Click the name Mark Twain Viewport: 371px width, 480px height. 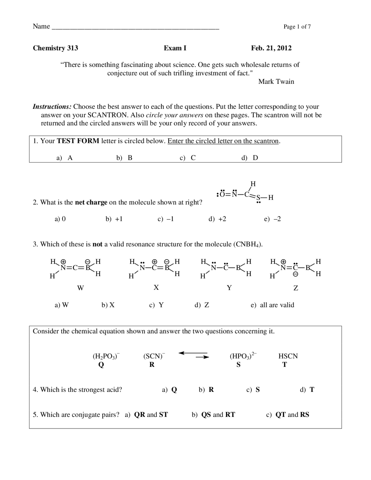pos(276,81)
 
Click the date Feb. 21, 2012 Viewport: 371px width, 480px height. pos(271,48)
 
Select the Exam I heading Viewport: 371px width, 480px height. pos(175,48)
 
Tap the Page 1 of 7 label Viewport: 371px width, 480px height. pos(297,27)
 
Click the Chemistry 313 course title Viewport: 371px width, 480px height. pos(55,48)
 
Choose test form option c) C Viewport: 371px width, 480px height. pos(188,158)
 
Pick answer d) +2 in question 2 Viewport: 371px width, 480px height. pos(217,219)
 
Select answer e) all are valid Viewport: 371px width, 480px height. pos(272,305)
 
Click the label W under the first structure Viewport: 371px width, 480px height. pos(80,288)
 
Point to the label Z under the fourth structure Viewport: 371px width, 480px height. pos(296,288)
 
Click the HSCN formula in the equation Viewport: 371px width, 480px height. pos(288,356)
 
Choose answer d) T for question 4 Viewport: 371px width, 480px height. pos(307,390)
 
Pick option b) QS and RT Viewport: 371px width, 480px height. pos(213,415)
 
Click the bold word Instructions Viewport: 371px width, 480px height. pos(52,107)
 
